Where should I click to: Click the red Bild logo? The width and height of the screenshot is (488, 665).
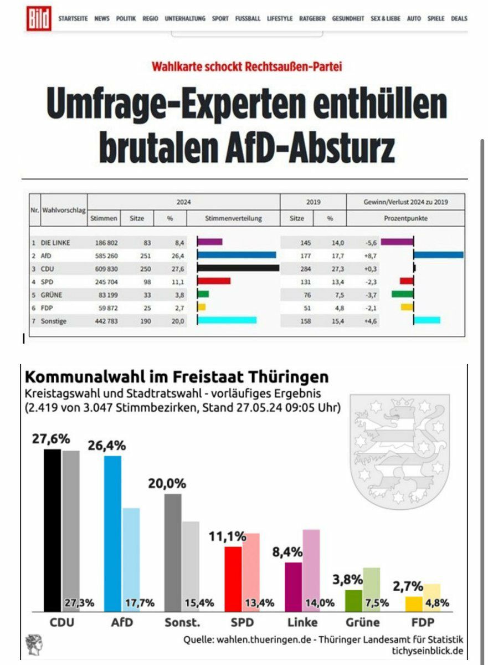point(39,18)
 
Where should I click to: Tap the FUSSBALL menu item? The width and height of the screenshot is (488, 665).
point(248,18)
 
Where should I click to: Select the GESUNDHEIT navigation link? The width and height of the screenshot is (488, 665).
point(348,18)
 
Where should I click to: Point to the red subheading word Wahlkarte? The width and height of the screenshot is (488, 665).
point(175,66)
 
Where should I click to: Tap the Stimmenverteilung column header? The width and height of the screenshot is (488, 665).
point(233,218)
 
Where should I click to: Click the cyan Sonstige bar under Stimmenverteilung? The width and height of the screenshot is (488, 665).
point(227,320)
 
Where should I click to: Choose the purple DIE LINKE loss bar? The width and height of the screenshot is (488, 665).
point(397,242)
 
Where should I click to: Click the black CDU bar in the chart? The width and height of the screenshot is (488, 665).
point(53,529)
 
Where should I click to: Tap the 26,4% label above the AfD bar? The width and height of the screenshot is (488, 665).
point(107,446)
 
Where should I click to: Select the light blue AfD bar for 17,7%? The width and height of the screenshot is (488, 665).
point(131,554)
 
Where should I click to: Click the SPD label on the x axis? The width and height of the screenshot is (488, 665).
point(242,622)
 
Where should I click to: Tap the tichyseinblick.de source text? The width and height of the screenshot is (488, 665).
point(430,651)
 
